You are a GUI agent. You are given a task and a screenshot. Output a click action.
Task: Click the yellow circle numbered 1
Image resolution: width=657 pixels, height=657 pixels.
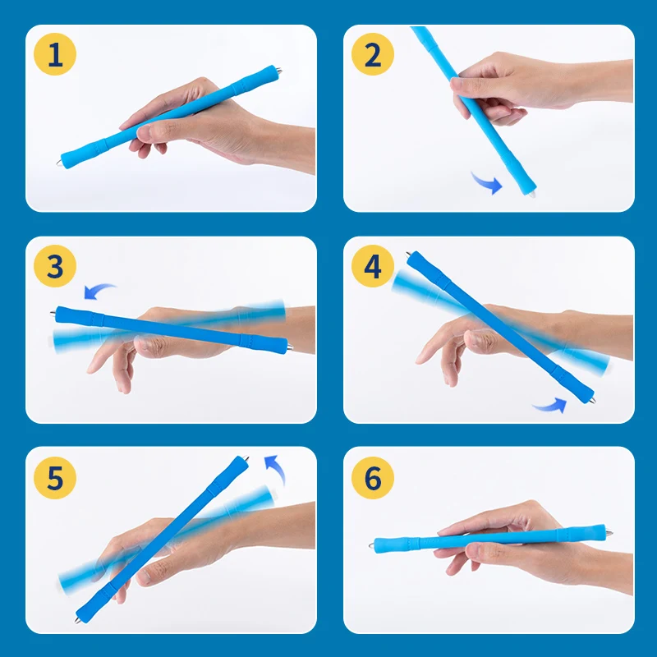[x=55, y=54]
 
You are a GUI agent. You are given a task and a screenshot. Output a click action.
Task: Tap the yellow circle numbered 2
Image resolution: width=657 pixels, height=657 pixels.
[x=373, y=54]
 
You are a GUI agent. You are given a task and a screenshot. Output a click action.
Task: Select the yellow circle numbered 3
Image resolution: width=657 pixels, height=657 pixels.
[x=55, y=265]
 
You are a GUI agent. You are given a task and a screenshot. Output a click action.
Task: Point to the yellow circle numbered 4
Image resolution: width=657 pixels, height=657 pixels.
[x=373, y=265]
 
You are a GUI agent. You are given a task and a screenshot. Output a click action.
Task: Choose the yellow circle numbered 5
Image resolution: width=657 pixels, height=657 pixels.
[x=55, y=478]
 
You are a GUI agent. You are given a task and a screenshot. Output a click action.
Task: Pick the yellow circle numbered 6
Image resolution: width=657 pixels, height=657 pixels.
[x=373, y=478]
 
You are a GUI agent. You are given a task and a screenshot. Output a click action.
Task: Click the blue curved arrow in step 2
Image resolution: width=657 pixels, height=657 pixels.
[x=488, y=183]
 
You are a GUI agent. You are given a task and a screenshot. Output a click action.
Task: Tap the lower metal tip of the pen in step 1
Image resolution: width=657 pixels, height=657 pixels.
[x=58, y=162]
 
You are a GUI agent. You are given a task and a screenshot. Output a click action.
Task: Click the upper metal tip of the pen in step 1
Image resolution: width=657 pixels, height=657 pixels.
[x=279, y=71]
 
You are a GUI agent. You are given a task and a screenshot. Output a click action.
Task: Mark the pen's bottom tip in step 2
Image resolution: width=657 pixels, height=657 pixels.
[x=531, y=195]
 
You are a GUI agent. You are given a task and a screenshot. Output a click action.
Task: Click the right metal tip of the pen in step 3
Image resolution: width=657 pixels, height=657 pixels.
[x=290, y=347]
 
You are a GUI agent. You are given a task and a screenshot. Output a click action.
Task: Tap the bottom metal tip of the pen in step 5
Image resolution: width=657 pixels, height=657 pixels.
[x=77, y=620]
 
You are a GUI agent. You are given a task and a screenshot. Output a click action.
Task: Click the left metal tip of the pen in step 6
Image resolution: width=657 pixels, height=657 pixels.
[x=371, y=545]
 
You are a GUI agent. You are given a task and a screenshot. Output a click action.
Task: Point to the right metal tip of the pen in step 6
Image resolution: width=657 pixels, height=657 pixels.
[x=609, y=533]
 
